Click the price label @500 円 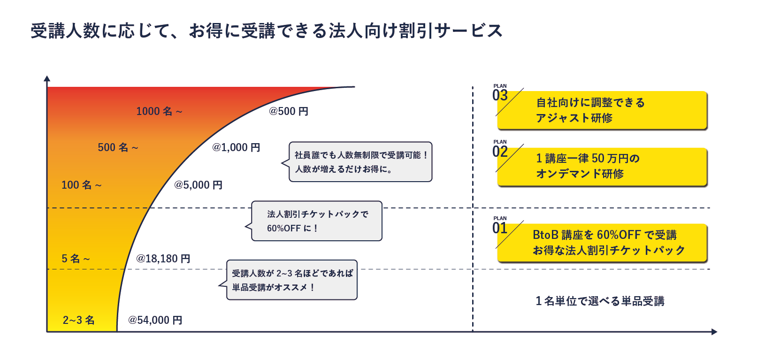point(288,111)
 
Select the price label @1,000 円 point(236,147)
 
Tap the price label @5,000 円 point(198,185)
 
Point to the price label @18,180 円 point(163,259)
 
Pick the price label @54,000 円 point(155,320)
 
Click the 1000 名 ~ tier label point(159,111)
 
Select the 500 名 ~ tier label point(118,147)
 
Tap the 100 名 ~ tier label point(82,185)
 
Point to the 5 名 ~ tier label point(76,259)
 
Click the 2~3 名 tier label point(78,320)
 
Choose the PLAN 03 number point(500,96)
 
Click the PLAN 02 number point(500,152)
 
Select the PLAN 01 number point(500,229)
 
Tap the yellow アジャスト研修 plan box point(602,110)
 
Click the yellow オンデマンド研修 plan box point(602,167)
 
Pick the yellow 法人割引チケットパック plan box point(602,243)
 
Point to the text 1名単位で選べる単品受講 point(600,301)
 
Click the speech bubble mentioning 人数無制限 point(360,162)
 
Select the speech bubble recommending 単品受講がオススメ point(291,280)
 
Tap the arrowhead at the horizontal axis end point(714,332)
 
